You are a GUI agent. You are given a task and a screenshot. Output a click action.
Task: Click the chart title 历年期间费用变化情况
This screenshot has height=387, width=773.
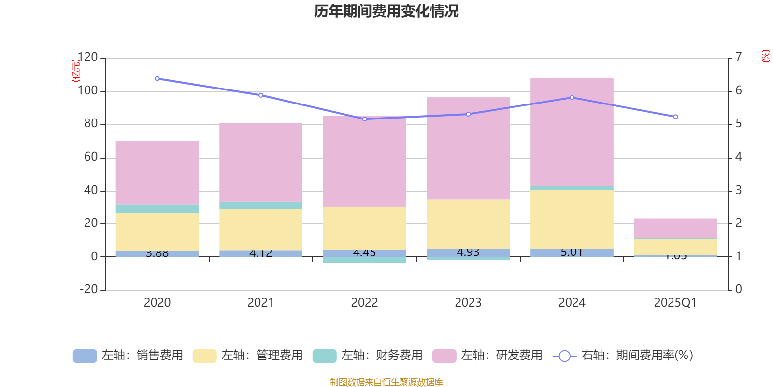click(x=386, y=12)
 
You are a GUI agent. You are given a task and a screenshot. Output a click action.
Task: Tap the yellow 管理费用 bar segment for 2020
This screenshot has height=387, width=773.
click(x=157, y=232)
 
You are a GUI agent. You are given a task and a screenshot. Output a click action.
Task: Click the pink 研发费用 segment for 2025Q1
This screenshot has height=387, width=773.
click(x=675, y=228)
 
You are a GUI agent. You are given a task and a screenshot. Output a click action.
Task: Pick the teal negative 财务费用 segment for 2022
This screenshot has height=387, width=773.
click(x=364, y=260)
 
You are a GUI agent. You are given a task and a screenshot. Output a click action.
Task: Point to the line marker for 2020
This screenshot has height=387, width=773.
click(x=157, y=78)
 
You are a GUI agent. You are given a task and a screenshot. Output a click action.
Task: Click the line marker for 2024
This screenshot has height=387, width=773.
click(x=572, y=98)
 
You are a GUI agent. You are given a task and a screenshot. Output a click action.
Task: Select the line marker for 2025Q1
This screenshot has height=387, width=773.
click(x=675, y=117)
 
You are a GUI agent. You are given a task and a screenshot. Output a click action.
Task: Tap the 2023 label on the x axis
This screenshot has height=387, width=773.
click(x=468, y=303)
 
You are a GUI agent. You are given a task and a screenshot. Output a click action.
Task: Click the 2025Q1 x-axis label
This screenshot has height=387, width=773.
click(x=675, y=303)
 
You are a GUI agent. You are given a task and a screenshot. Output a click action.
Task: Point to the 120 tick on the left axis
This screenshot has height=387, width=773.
click(x=87, y=58)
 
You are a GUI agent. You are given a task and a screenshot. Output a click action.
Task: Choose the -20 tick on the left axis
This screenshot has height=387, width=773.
click(x=87, y=289)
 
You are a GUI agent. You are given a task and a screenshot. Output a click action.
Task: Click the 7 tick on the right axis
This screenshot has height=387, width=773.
click(x=738, y=58)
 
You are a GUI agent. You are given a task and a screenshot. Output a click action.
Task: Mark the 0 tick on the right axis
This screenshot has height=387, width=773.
click(x=738, y=289)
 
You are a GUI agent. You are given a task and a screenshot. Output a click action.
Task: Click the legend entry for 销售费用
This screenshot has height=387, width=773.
click(x=128, y=356)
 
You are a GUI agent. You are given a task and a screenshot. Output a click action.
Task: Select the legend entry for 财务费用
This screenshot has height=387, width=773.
click(x=368, y=356)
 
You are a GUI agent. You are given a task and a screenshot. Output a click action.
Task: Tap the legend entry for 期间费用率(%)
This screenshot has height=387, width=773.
click(x=623, y=356)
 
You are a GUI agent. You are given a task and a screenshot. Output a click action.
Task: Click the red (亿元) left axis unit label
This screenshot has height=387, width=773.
click(x=75, y=71)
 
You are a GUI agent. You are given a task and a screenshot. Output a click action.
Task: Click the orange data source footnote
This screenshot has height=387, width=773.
click(x=386, y=382)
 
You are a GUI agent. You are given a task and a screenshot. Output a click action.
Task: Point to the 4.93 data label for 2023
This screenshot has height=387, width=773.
click(x=468, y=253)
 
